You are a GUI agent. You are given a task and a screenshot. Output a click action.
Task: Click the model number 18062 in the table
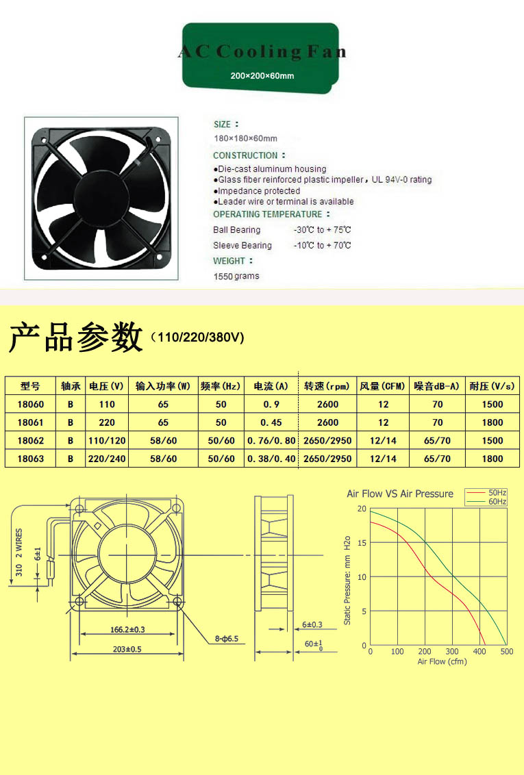point(31,440)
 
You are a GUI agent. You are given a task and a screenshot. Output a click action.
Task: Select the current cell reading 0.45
point(271,422)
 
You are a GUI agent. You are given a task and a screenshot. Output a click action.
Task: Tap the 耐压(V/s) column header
point(492,386)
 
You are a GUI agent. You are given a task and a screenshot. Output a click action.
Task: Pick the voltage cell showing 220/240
point(107,459)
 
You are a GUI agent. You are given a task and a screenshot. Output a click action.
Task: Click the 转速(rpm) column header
point(327,386)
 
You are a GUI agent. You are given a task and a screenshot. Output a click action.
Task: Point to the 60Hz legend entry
point(486,502)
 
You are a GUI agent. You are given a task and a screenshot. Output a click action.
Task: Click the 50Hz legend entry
point(486,493)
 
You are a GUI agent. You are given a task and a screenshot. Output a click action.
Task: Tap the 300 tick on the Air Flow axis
point(452,652)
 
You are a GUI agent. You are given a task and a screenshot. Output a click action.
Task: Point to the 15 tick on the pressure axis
point(362,543)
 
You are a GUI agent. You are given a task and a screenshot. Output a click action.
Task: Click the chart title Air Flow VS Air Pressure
point(400,493)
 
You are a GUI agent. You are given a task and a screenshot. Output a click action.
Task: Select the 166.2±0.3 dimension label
point(127,630)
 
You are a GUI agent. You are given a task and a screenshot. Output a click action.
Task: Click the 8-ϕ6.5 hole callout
point(227,639)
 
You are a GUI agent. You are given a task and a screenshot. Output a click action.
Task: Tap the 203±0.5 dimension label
point(127,649)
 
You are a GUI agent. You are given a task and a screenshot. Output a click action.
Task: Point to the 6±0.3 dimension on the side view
point(312,625)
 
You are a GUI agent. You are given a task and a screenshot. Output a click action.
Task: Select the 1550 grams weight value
point(236,276)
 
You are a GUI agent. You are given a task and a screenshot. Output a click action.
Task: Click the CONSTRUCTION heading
point(245,155)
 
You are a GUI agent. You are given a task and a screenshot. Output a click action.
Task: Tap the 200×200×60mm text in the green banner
point(262,75)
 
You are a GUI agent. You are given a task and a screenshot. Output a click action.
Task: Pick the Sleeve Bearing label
point(242,245)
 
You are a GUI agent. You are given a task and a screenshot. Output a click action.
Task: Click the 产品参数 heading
point(75,338)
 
